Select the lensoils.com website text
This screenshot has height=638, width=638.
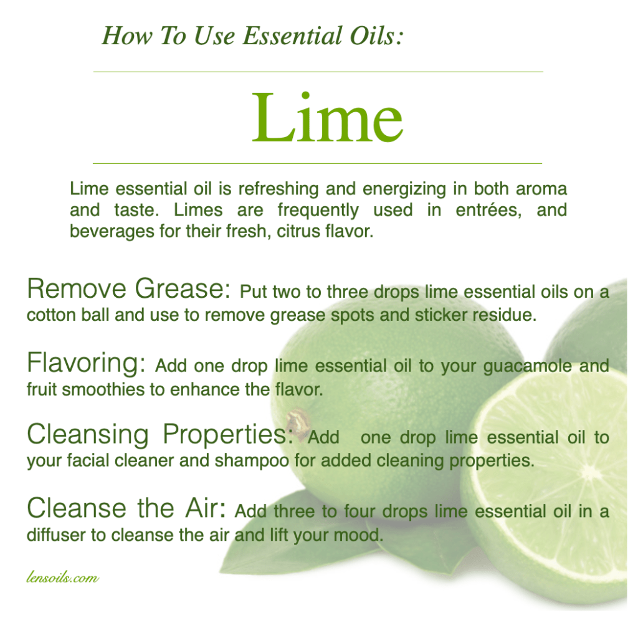(62, 577)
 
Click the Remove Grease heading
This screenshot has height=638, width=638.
(128, 288)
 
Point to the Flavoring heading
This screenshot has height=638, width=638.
(86, 363)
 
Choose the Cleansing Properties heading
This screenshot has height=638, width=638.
(160, 434)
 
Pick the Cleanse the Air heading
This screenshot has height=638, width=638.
(126, 508)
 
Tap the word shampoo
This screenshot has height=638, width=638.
(252, 461)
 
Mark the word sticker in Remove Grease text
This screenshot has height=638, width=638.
(440, 315)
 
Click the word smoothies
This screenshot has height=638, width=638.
(103, 389)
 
